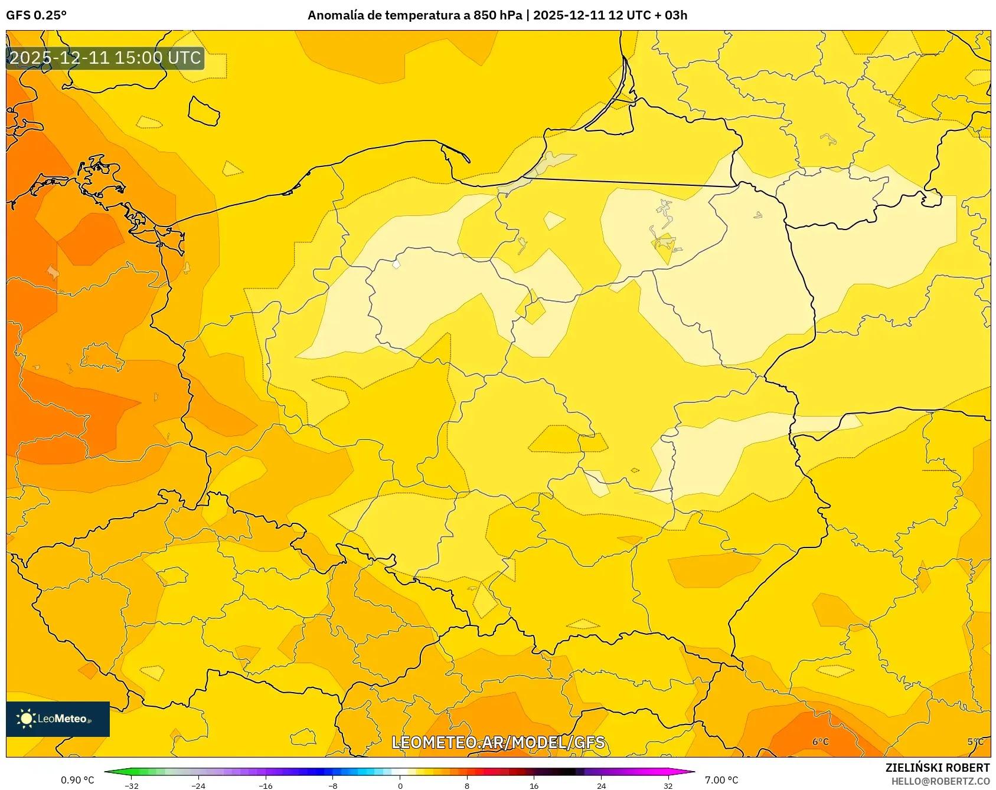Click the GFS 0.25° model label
click(36, 15)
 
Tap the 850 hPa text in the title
click(498, 15)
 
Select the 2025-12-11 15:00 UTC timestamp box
click(105, 58)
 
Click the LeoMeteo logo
click(57, 719)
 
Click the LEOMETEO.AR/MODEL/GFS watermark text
click(498, 742)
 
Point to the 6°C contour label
click(820, 742)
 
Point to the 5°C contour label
click(975, 742)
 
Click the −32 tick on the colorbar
click(132, 785)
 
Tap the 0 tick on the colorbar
click(400, 785)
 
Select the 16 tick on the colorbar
click(534, 785)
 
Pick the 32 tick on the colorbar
click(668, 785)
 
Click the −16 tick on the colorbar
click(266, 785)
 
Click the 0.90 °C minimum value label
click(77, 780)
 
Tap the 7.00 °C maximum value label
click(721, 780)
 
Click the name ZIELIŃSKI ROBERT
click(937, 768)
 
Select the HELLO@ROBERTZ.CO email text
click(940, 781)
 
